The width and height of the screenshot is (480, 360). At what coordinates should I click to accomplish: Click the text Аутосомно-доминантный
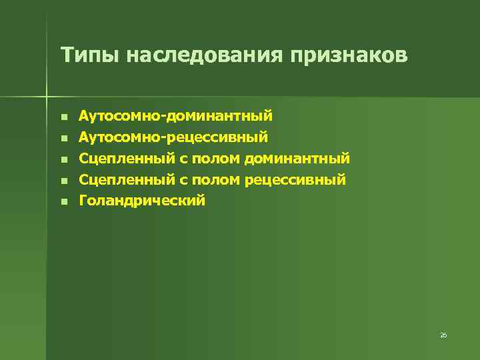pos(175,116)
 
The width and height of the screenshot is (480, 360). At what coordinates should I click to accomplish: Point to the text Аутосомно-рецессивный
pos(173,137)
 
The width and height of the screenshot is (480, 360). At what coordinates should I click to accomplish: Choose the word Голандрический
pos(142,201)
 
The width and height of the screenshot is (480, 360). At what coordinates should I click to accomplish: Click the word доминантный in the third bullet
pos(297,159)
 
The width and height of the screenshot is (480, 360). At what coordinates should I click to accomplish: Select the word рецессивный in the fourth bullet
pos(295,179)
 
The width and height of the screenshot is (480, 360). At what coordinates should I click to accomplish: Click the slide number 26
pos(443,335)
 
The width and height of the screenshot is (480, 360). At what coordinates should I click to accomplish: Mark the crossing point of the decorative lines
pos(47,94)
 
